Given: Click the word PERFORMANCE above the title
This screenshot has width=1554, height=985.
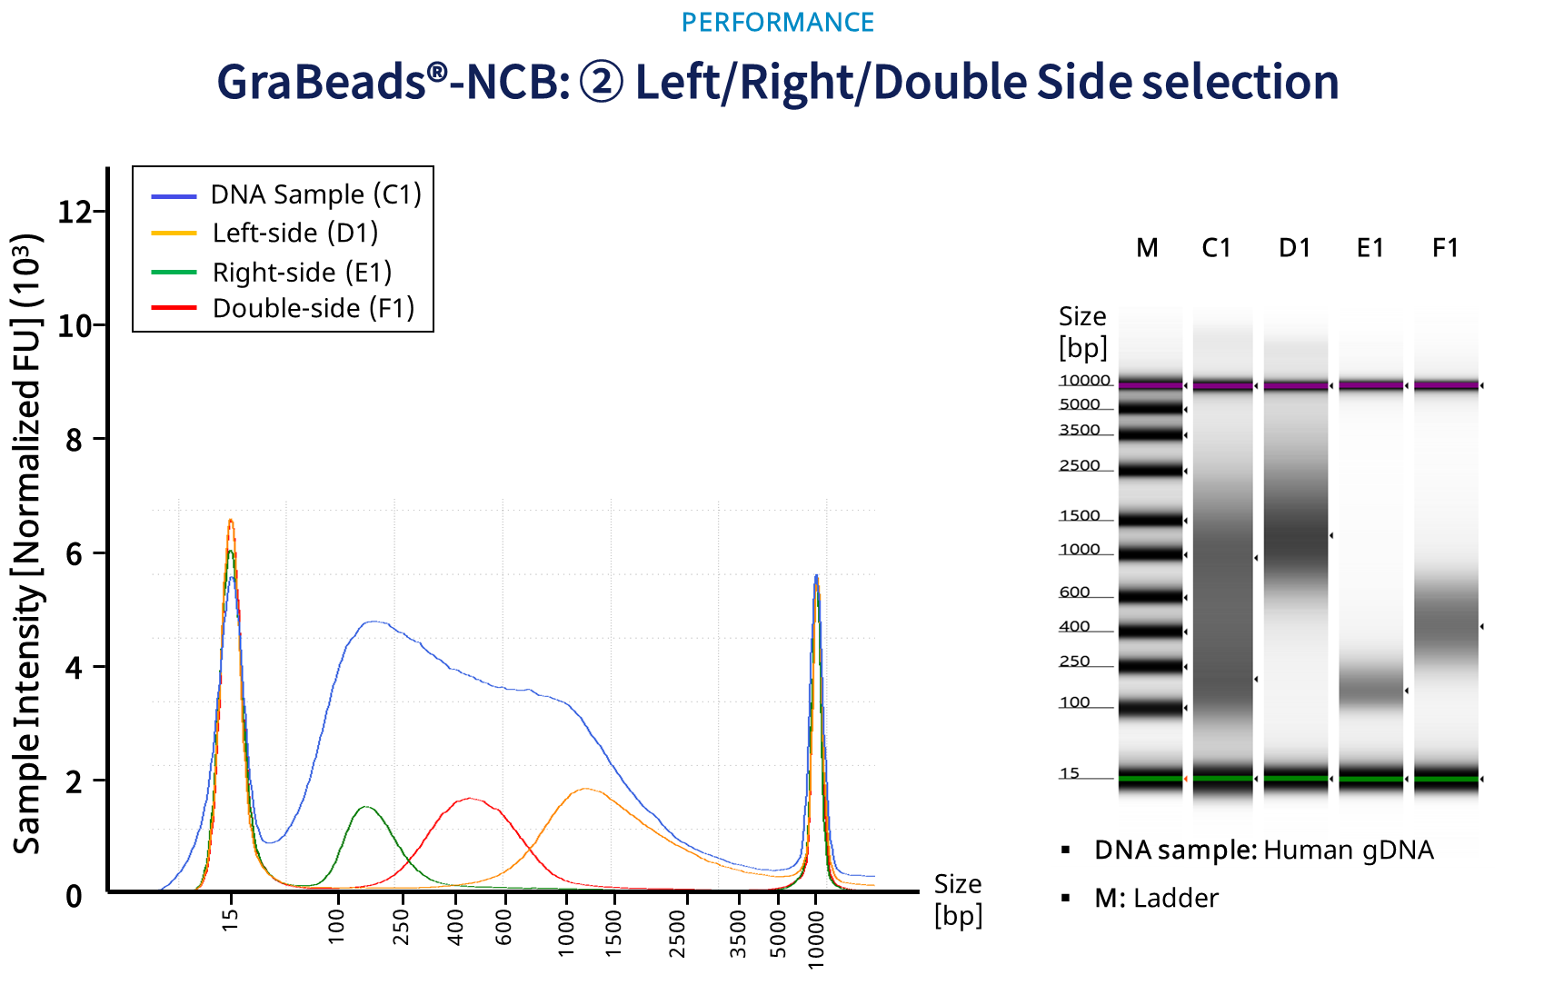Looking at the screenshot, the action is pos(777,22).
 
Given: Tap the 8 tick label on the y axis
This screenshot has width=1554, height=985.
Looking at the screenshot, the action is pos(75,439).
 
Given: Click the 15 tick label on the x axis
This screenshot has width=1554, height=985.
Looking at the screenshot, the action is pos(231,920).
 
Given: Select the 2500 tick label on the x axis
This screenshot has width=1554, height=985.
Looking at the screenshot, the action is pos(677,934).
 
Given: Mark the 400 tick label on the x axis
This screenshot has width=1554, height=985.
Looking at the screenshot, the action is pos(456,928).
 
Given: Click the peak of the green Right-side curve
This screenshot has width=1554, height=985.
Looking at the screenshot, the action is pos(365,807).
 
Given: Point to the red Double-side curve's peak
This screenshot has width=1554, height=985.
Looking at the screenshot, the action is pos(470,799).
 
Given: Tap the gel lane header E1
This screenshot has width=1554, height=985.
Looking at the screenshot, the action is pos(1370,248).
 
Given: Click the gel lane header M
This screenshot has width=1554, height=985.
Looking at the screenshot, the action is pos(1148,248).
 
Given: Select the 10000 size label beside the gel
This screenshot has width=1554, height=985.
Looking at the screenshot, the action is pos(1085,380).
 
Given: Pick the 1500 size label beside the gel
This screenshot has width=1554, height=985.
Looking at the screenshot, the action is pos(1080,515).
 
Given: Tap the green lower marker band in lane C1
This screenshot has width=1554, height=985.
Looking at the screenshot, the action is pos(1223,779).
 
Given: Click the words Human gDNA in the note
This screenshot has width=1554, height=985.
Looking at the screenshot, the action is pos(1349,850).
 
